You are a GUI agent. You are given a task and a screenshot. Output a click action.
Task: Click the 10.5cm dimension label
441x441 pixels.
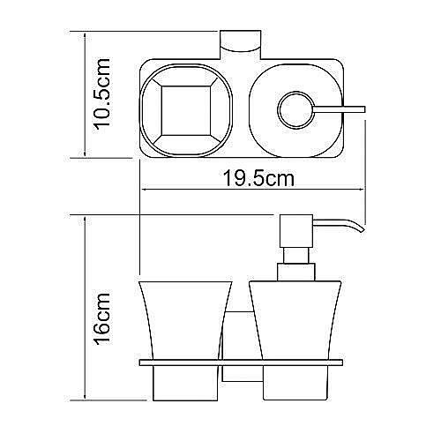point(105,94)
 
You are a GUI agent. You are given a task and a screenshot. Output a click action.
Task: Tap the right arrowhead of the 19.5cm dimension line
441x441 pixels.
point(363,190)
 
